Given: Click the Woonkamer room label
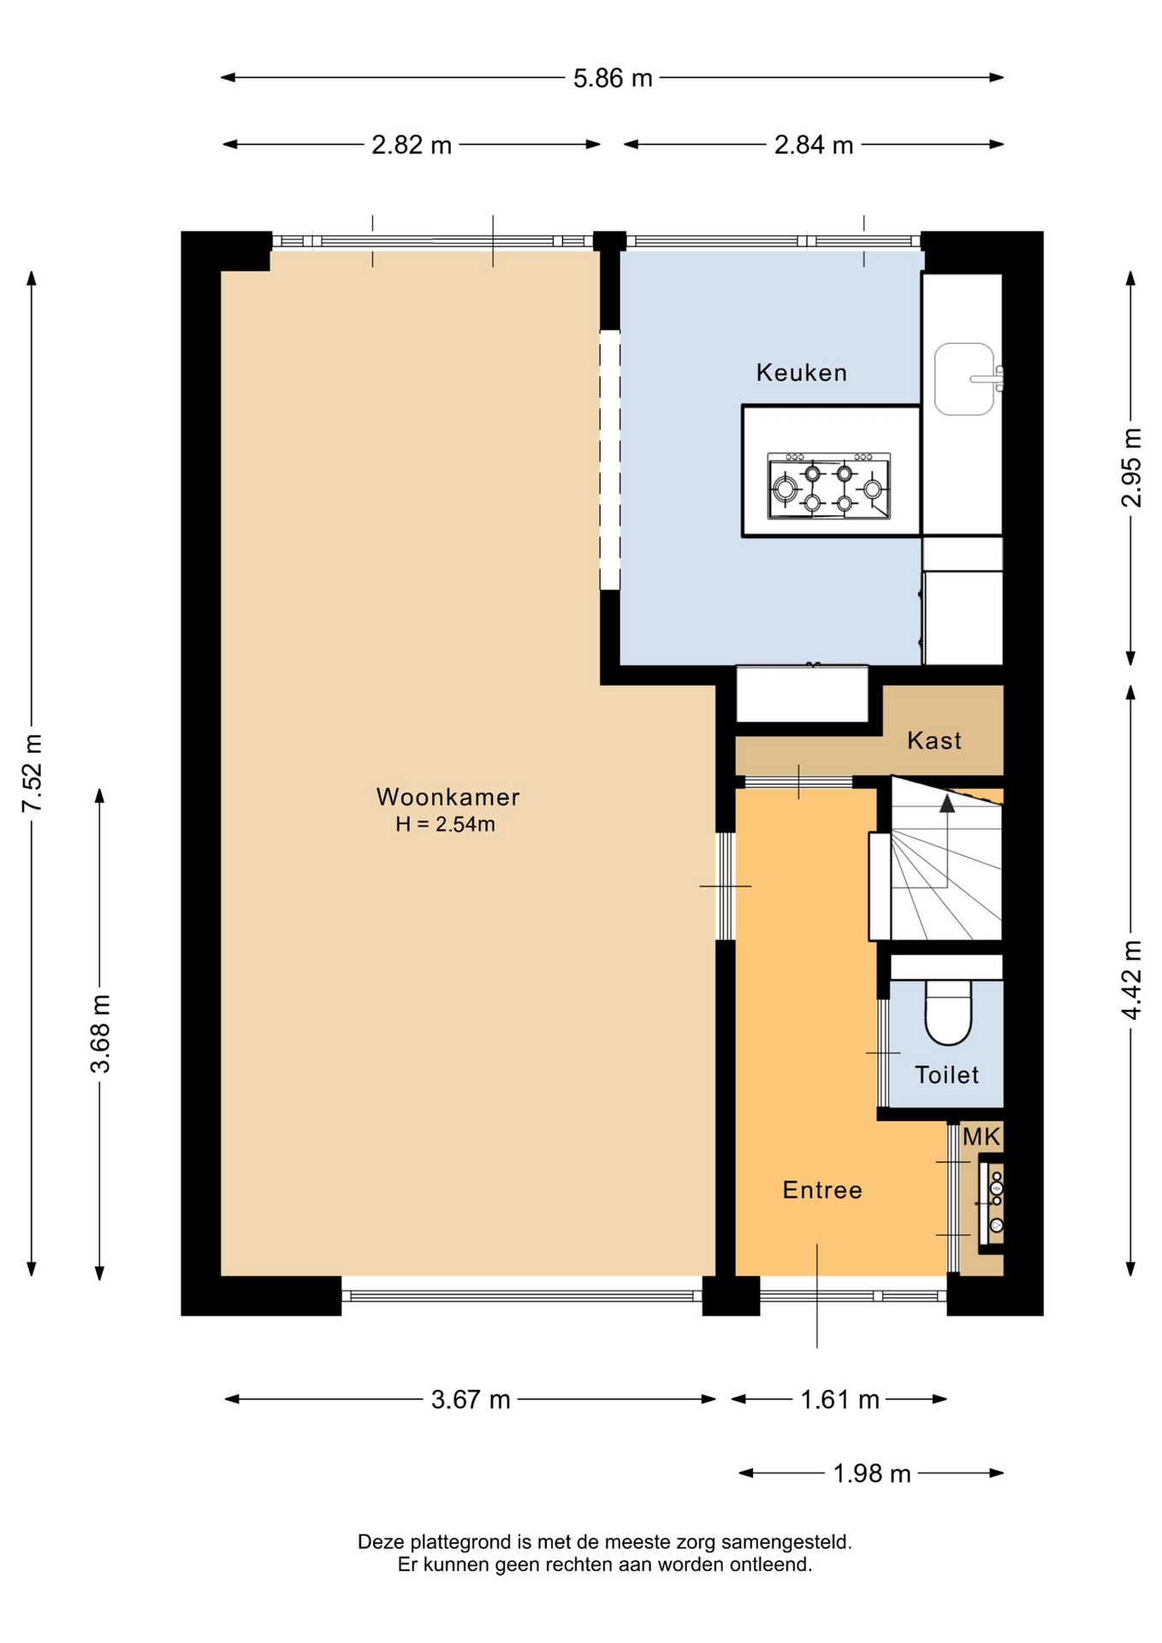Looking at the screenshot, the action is click(448, 798).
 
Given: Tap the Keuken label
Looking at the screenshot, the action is click(802, 372).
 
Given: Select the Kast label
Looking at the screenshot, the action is click(934, 740).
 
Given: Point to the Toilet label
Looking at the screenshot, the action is click(946, 1075).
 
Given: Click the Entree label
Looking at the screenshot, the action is click(822, 1189).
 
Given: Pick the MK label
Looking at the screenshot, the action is click(981, 1136).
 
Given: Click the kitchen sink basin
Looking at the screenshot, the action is click(964, 379).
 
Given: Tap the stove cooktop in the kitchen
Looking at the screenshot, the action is click(829, 486).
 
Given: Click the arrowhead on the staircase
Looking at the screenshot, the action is click(946, 804).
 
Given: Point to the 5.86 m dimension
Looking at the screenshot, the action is click(613, 78).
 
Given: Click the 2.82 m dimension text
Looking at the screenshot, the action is click(412, 145).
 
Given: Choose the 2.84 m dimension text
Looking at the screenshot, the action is click(814, 145).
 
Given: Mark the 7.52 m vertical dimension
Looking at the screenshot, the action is click(32, 773).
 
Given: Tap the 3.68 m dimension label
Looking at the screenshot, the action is click(100, 1034).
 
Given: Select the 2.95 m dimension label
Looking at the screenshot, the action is click(1131, 467).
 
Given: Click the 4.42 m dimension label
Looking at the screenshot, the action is click(1131, 980).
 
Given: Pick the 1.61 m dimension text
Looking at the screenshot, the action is click(839, 1399).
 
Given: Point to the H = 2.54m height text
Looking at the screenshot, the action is click(445, 825).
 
